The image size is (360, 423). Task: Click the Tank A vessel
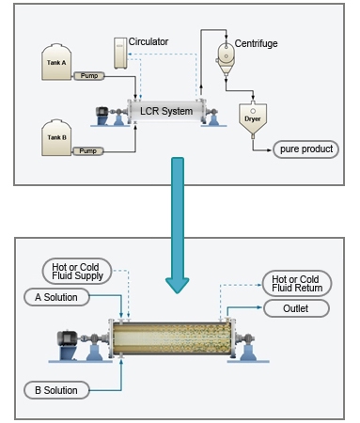click(x=56, y=62)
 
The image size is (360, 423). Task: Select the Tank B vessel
click(x=56, y=137)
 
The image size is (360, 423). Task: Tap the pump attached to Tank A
click(x=89, y=76)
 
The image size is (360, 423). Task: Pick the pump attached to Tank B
click(x=87, y=151)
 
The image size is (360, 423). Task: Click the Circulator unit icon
click(x=120, y=54)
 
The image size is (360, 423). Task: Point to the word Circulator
click(x=149, y=41)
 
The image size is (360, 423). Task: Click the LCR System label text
click(x=166, y=111)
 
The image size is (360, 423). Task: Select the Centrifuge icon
click(x=226, y=58)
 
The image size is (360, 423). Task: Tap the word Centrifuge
click(x=256, y=43)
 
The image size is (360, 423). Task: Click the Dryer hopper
click(x=253, y=118)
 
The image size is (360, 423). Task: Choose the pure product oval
click(x=305, y=149)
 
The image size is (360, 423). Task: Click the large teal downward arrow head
click(x=178, y=285)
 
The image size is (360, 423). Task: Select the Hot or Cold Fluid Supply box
click(x=77, y=272)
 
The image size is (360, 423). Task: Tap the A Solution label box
click(x=56, y=297)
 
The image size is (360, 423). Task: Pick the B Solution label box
click(x=56, y=390)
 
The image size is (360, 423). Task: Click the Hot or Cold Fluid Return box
click(x=297, y=284)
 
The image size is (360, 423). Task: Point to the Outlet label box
click(x=296, y=308)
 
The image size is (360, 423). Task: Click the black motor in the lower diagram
click(x=68, y=338)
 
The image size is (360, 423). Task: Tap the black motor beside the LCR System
click(x=102, y=112)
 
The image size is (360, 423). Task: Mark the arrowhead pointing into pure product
click(x=269, y=150)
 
